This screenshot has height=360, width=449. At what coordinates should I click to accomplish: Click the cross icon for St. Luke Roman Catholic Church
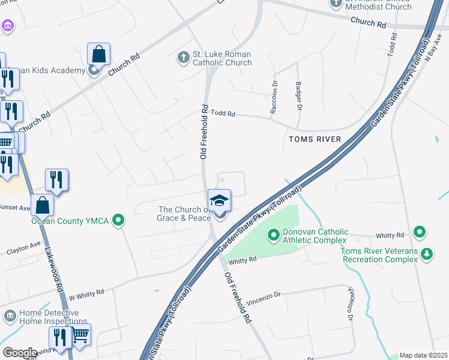tap(183, 58)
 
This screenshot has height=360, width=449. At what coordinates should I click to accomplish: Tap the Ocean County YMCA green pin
tap(119, 221)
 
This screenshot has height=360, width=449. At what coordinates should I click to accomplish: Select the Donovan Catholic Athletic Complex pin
tap(274, 233)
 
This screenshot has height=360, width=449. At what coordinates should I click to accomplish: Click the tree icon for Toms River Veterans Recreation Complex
tap(427, 254)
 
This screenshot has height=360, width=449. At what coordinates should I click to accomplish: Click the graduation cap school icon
tap(220, 200)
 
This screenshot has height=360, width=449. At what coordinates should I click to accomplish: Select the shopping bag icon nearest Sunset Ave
tap(43, 205)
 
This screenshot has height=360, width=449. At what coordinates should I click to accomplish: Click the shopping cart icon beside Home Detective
tap(80, 334)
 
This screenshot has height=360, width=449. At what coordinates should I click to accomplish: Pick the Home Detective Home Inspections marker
tap(10, 316)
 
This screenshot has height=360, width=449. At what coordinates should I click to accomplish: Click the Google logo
tap(20, 353)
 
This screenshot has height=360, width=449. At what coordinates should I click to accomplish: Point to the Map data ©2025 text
tap(423, 355)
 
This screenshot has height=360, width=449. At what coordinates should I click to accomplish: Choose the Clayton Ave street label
tap(24, 247)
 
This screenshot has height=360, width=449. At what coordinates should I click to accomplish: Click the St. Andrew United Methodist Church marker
tap(336, 2)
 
